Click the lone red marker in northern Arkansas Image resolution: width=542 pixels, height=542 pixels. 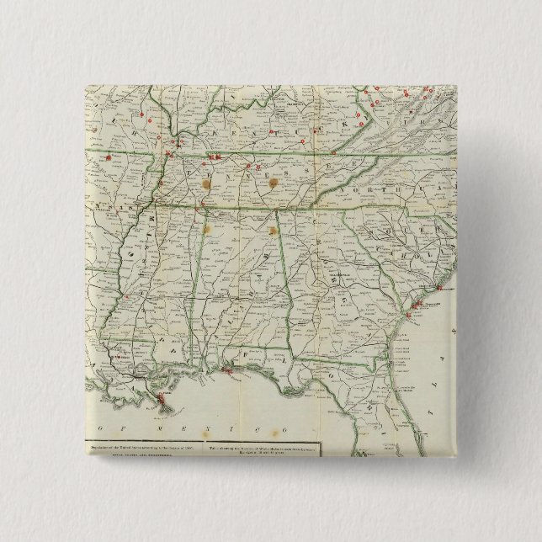pos(109,157)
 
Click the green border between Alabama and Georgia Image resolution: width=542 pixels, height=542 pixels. pos(290,278)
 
